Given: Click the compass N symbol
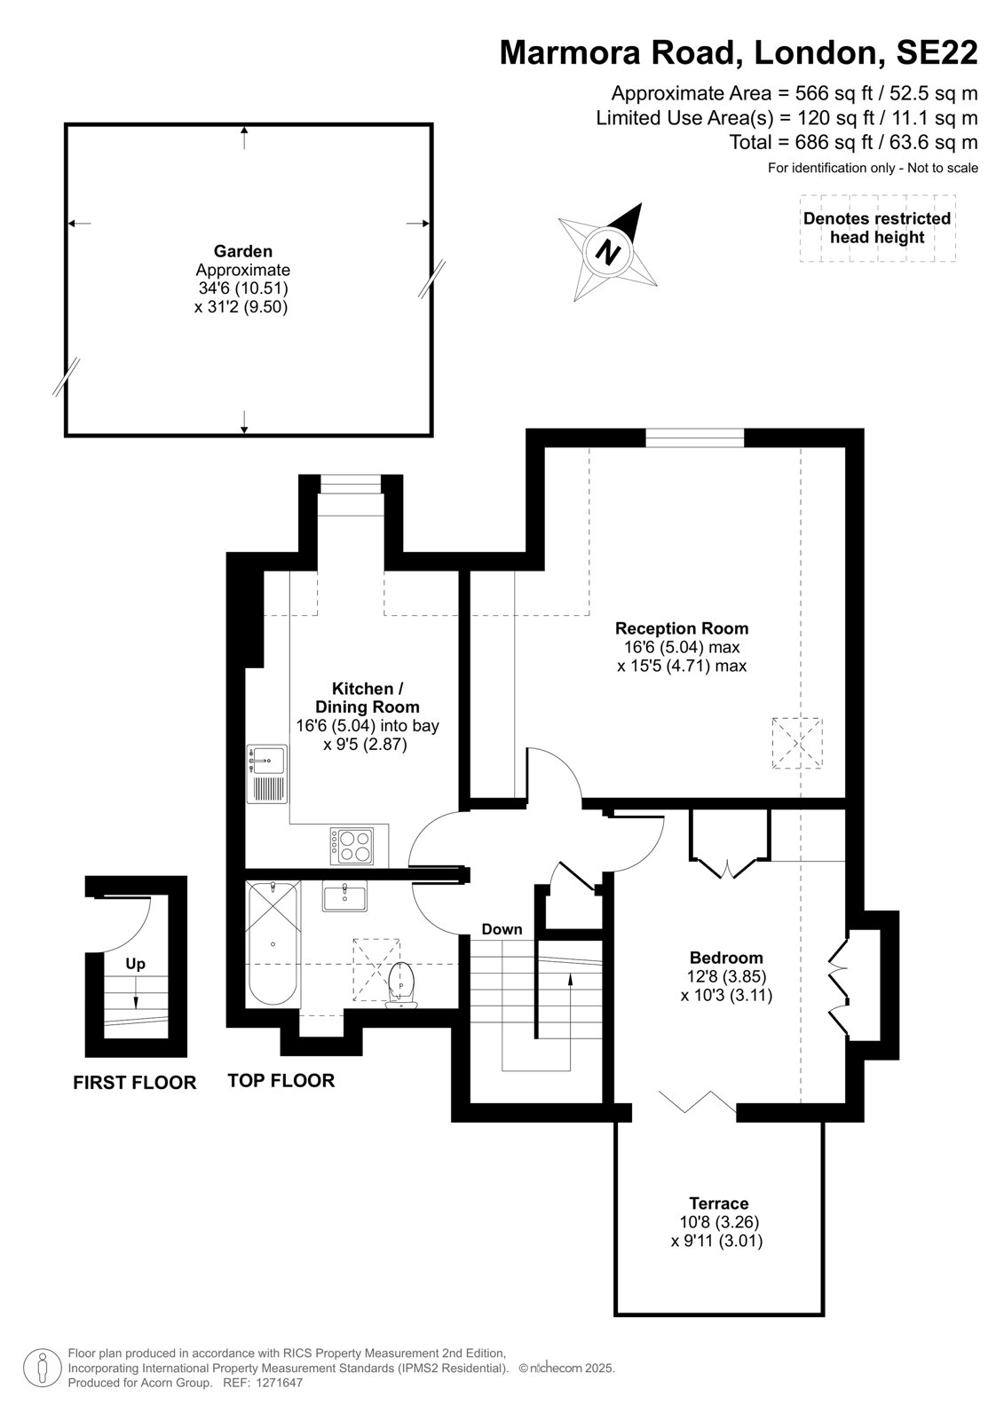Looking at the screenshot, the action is click(x=608, y=252).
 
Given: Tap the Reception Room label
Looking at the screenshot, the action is click(x=682, y=628).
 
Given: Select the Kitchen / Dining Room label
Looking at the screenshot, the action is click(x=368, y=698).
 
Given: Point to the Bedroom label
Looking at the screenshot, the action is click(x=726, y=958).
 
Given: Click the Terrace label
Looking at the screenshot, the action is click(x=718, y=1203).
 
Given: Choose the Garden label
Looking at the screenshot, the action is click(x=243, y=251).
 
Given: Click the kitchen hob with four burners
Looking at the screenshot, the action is click(x=352, y=847).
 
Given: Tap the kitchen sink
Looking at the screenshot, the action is click(x=267, y=774).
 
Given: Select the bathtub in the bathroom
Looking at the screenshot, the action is click(x=273, y=943).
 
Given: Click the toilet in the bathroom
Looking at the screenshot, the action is click(x=401, y=984).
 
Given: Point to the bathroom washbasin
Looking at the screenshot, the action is click(x=344, y=896).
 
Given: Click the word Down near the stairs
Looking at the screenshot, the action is click(x=502, y=929).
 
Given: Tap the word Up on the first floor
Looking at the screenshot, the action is click(x=135, y=964).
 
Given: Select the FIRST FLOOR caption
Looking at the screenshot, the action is click(x=134, y=1082).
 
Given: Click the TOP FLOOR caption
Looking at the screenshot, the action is click(x=281, y=1080).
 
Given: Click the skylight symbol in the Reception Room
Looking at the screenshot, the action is click(x=796, y=743).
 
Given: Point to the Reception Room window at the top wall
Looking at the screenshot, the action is click(x=694, y=438).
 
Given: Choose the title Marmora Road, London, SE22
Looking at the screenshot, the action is click(x=739, y=52).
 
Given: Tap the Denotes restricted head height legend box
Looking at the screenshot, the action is click(x=877, y=227).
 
